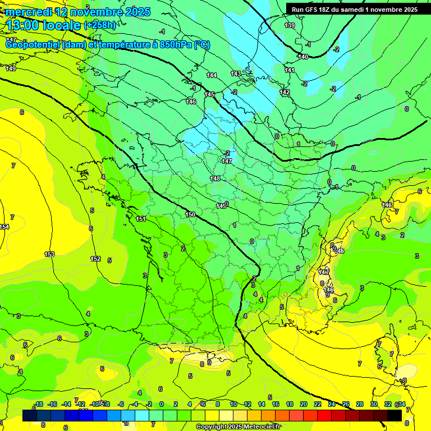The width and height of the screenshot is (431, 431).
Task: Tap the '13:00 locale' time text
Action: pyautogui.click(x=43, y=25)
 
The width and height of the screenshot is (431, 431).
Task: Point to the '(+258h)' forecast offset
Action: pyautogui.click(x=100, y=25)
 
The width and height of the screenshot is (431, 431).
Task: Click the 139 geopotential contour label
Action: pyautogui.click(x=290, y=25)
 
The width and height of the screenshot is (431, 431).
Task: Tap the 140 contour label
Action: pyautogui.click(x=303, y=57)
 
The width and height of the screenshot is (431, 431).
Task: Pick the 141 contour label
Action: pyautogui.click(x=290, y=70)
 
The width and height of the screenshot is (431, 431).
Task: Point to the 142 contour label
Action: pyautogui.click(x=285, y=92)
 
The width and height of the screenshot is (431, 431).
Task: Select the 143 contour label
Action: pyautogui.click(x=236, y=74)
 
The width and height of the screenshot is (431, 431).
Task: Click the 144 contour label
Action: pyautogui.click(x=212, y=75)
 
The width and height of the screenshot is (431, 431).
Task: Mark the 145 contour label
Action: pyautogui.click(x=209, y=94)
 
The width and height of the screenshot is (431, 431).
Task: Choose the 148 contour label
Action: pyautogui.click(x=215, y=178)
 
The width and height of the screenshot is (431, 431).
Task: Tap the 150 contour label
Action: pyautogui.click(x=191, y=214)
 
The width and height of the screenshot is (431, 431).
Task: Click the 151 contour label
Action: pyautogui.click(x=141, y=219)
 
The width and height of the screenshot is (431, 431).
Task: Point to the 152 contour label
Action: pyautogui.click(x=95, y=259)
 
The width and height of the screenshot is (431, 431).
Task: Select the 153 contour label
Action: pyautogui.click(x=49, y=254)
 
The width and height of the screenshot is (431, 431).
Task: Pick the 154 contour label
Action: pyautogui.click(x=4, y=227)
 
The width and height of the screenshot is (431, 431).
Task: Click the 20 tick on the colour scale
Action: pyautogui.click(x=303, y=404)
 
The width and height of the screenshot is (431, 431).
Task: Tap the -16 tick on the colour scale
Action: pyautogui.click(x=53, y=404)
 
